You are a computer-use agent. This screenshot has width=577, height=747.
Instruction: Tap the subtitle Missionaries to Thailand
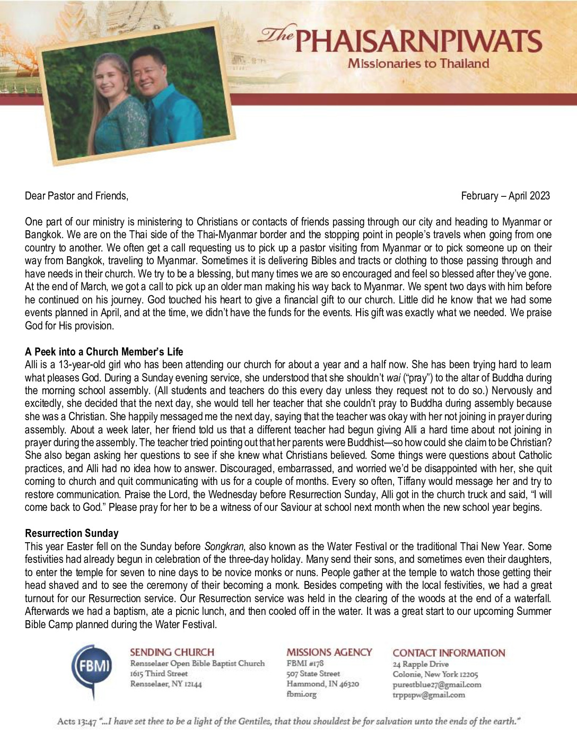[418, 64]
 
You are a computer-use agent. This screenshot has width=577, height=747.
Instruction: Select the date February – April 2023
[505, 196]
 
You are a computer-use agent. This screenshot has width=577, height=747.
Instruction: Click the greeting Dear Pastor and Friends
[76, 196]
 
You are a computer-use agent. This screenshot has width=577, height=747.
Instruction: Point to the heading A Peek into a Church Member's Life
[104, 352]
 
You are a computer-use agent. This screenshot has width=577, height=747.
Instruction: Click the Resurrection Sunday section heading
[72, 533]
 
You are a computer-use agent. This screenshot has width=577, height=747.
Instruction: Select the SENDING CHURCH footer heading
[172, 653]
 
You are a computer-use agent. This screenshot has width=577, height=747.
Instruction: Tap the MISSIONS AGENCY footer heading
[329, 653]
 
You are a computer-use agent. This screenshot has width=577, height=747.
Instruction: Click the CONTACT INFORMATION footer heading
[449, 653]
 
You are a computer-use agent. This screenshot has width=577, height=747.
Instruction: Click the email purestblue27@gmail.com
[437, 684]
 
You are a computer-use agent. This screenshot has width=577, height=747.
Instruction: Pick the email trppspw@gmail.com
[429, 694]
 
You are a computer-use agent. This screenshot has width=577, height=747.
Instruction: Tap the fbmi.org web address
[301, 694]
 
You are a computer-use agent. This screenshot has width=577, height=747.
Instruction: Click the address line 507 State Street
[313, 673]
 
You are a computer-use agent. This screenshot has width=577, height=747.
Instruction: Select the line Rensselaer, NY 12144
[166, 684]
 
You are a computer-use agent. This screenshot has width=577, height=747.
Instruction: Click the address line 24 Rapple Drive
[421, 664]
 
